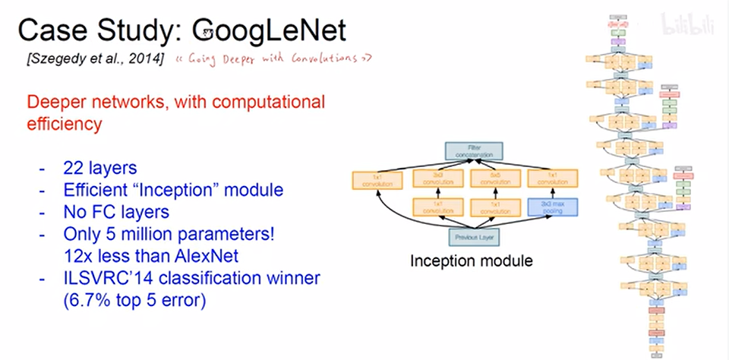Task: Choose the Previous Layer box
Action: pyautogui.click(x=470, y=236)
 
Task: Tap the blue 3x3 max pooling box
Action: pyautogui.click(x=551, y=207)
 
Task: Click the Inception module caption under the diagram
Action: pyautogui.click(x=471, y=261)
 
